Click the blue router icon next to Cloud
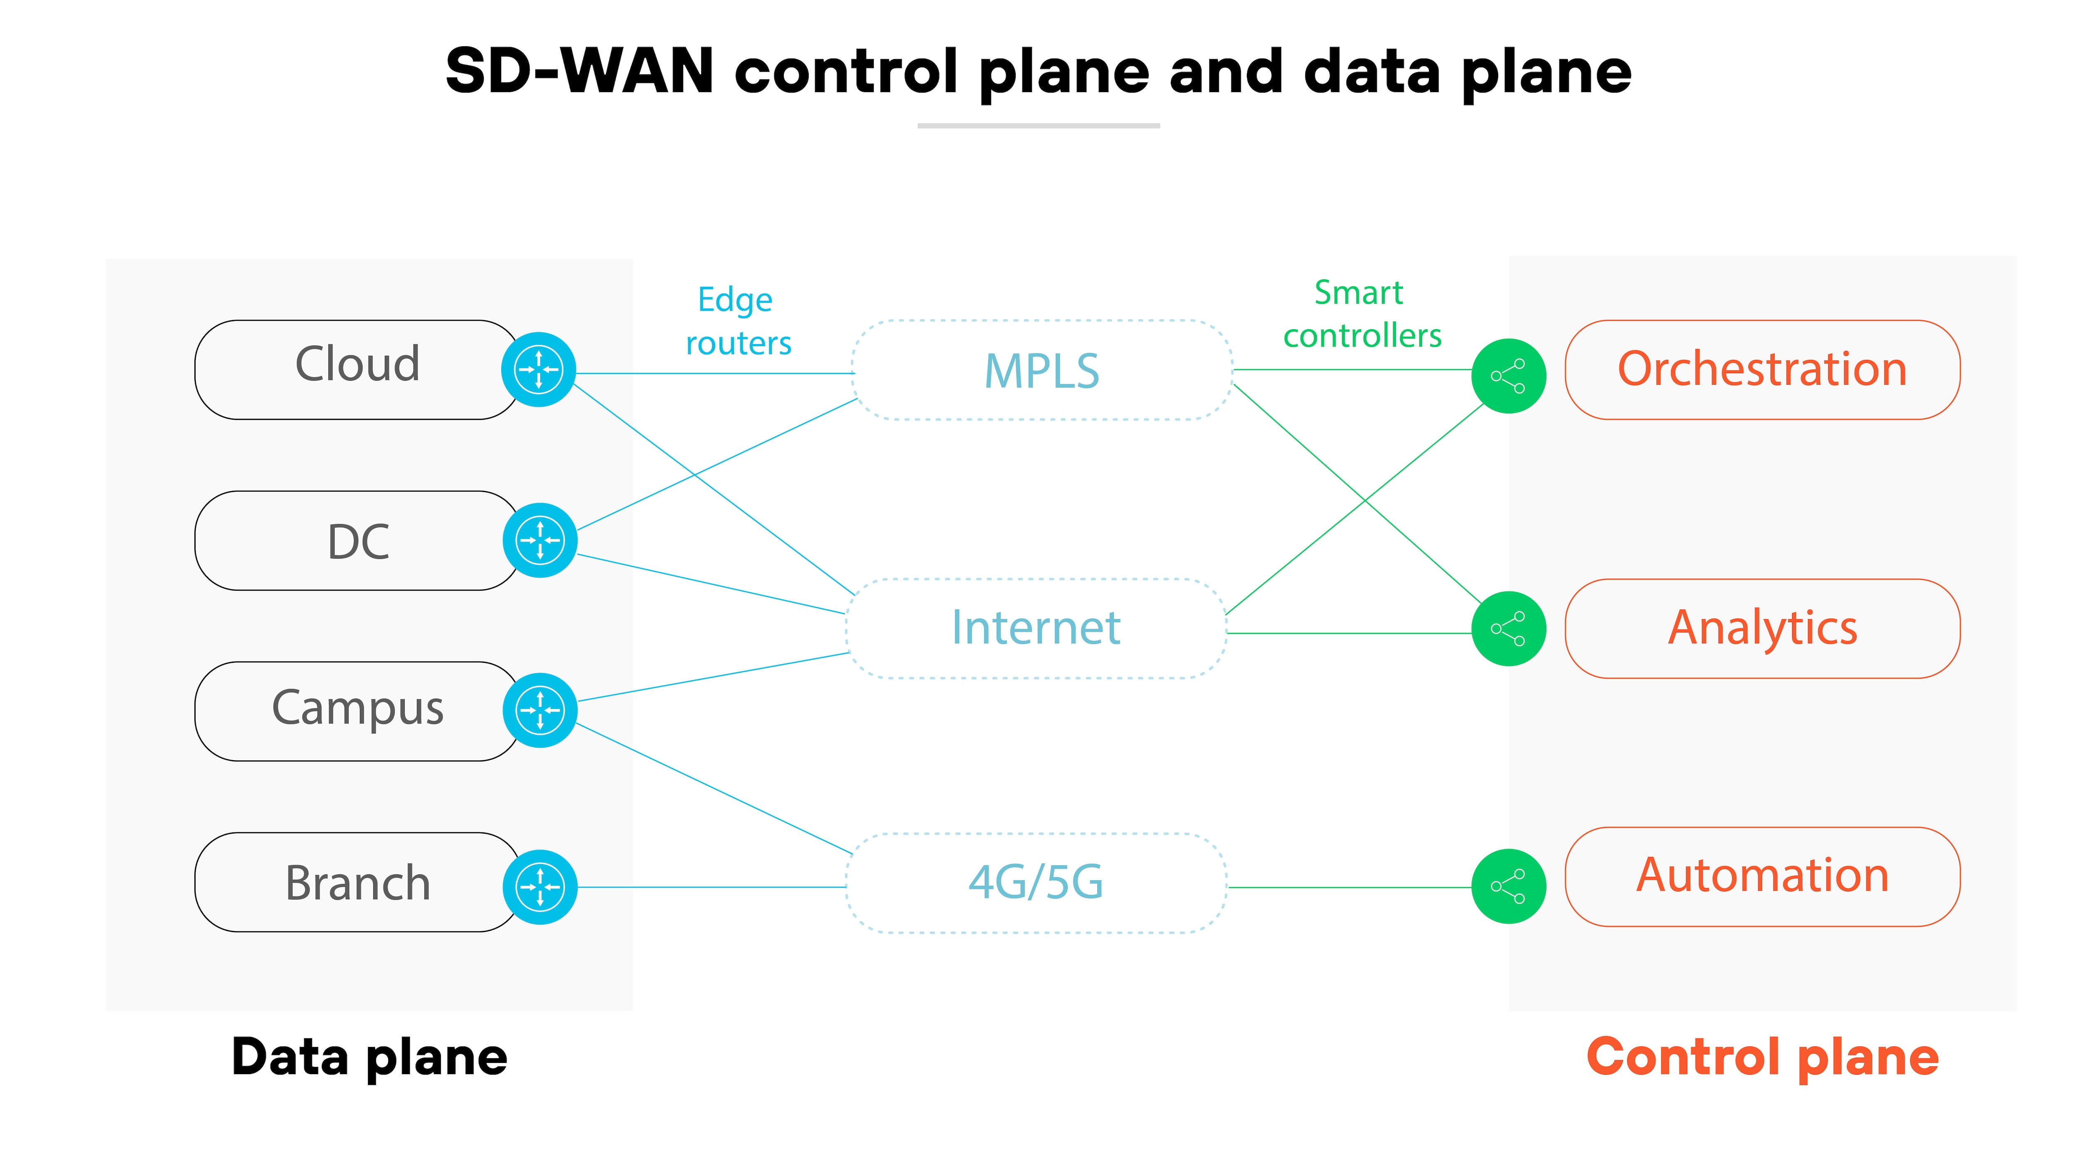pos(539,369)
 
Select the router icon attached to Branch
pos(540,887)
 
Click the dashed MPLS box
pos(1041,370)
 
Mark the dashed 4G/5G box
pos(1036,883)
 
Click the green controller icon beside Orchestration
pos(1509,376)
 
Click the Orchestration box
pos(1763,369)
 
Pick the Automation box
pos(1763,876)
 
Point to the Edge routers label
pos(737,321)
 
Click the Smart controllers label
pos(1362,314)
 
